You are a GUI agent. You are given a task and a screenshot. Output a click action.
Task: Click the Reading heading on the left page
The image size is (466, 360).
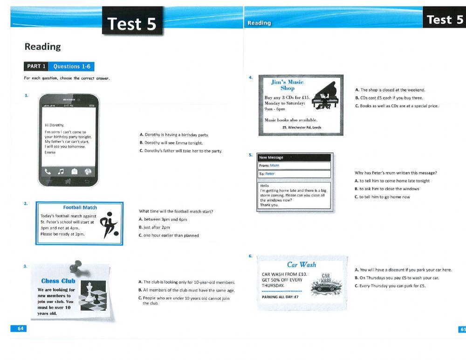point(42,47)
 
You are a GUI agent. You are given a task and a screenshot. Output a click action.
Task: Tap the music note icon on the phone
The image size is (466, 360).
point(61,171)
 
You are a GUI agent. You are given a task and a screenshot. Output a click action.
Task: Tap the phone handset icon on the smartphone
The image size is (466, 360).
point(48,171)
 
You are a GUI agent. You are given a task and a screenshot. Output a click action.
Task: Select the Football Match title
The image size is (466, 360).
point(80,208)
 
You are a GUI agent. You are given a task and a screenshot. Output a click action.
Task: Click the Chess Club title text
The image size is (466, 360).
point(58,281)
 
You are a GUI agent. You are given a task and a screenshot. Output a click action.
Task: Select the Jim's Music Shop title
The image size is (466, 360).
point(287,85)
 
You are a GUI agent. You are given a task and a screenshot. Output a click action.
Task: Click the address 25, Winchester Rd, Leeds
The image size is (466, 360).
point(302,127)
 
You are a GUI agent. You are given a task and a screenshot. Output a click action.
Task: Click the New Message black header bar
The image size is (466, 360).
point(294,157)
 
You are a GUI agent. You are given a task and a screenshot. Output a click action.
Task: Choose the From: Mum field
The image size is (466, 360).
point(294,165)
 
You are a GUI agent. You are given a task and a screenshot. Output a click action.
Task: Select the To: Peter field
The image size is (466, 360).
point(294,174)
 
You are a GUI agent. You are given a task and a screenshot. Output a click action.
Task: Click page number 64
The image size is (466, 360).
point(21,328)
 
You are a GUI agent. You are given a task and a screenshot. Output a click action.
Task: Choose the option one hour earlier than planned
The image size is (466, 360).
point(169,235)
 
